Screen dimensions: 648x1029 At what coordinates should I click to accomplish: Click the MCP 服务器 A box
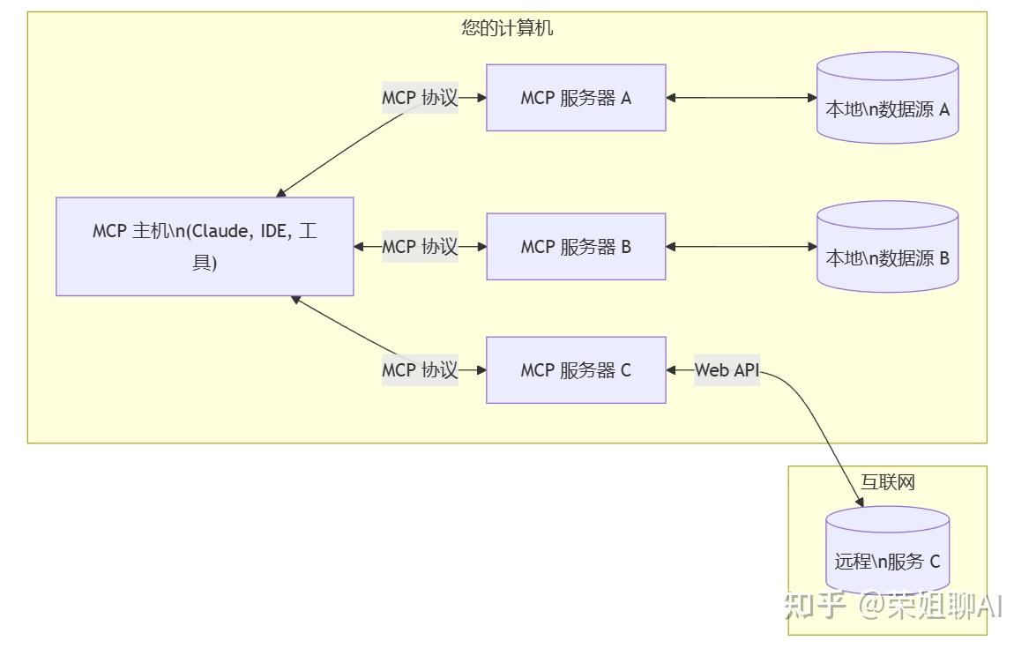(576, 98)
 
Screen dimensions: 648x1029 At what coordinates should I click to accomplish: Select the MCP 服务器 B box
(576, 247)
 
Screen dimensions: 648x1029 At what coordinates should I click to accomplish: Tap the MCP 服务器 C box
(576, 370)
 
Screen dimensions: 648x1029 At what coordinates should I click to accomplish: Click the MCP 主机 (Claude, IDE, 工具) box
(205, 246)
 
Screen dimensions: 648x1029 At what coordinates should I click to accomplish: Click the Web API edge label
(727, 370)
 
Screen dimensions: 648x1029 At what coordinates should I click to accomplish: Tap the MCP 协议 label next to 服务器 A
(420, 98)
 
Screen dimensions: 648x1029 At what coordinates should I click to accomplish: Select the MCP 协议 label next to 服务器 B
(420, 247)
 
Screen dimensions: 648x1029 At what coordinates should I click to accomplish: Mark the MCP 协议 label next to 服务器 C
(420, 370)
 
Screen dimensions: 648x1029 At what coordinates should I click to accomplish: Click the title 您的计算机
(507, 28)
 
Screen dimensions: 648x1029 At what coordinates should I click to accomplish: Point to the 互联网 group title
(887, 482)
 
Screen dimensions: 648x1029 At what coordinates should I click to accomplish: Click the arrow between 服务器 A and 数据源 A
(741, 98)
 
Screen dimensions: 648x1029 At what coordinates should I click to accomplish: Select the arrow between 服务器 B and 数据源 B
(741, 247)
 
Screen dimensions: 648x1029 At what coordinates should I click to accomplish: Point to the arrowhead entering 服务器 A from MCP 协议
(481, 98)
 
